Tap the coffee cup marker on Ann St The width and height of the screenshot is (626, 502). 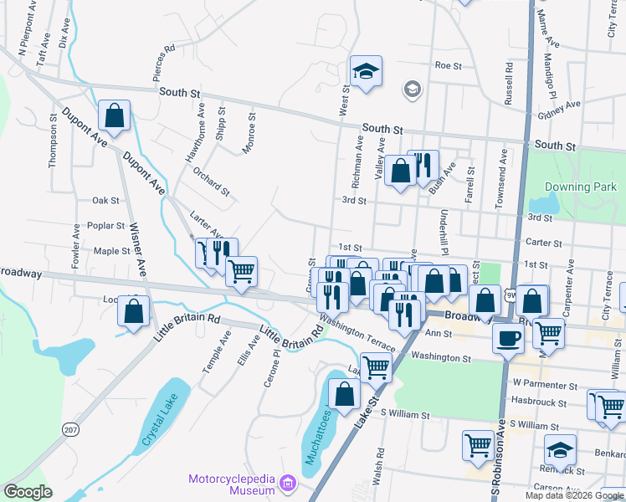pyautogui.click(x=509, y=340)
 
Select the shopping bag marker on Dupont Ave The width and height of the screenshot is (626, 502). pyautogui.click(x=115, y=116)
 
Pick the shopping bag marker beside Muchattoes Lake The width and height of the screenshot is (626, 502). pyautogui.click(x=345, y=394)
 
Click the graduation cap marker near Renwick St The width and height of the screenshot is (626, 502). pyautogui.click(x=560, y=450)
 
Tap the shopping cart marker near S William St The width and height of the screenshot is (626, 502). pyautogui.click(x=478, y=445)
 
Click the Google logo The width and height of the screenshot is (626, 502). pyautogui.click(x=28, y=492)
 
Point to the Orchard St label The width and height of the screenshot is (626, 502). pyautogui.click(x=211, y=182)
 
